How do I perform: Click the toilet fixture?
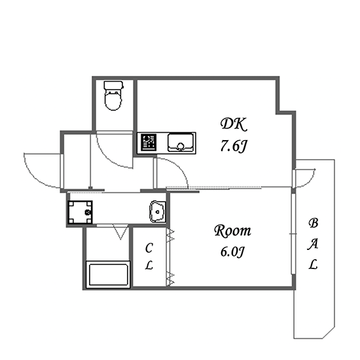(113, 96)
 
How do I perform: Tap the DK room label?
(234, 124)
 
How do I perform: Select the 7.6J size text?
(233, 146)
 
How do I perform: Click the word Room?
(232, 231)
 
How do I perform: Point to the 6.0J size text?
(232, 251)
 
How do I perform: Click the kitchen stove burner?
(149, 142)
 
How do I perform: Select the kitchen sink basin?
(181, 143)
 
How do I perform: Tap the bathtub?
(108, 274)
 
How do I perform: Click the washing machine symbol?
(80, 212)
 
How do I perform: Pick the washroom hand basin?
(158, 211)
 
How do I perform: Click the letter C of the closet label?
(149, 248)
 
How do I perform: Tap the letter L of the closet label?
(149, 265)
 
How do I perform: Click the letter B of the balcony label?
(313, 223)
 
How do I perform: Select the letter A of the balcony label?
(313, 243)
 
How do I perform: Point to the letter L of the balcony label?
(313, 264)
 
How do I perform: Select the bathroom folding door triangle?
(120, 232)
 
